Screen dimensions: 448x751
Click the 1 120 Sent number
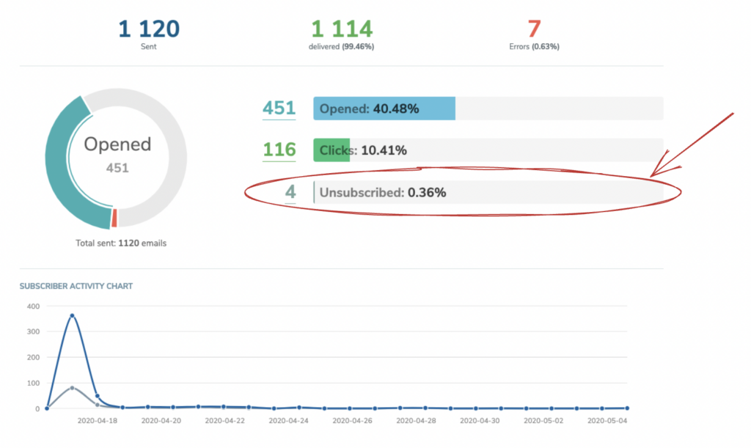[x=148, y=29]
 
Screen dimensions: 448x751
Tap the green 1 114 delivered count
[x=342, y=29]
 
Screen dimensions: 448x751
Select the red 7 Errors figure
[x=534, y=29]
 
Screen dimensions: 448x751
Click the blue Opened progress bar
[x=384, y=109]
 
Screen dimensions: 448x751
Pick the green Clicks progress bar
[x=331, y=150]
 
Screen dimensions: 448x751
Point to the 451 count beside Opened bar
[x=279, y=109]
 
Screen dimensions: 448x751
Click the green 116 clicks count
[x=279, y=150]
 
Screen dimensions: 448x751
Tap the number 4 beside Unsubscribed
[x=290, y=192]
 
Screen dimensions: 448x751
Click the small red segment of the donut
[x=114, y=218]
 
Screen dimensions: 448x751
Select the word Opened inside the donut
[x=117, y=144]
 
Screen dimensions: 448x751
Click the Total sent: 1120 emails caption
[x=121, y=243]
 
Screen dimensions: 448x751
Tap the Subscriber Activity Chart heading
[x=76, y=286]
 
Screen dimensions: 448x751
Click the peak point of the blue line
[x=72, y=316]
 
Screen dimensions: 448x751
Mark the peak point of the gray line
[x=72, y=388]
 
